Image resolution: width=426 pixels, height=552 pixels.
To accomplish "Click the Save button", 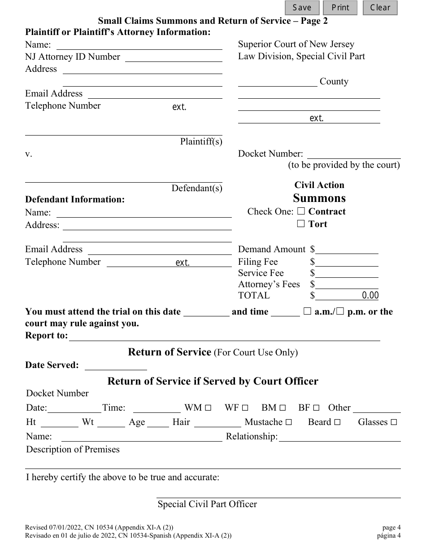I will coord(302,8).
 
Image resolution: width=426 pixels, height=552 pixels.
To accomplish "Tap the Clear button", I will coord(380,8).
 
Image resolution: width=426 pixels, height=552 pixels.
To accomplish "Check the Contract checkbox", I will coord(301,211).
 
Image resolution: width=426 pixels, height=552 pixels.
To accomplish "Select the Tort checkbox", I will coord(301,223).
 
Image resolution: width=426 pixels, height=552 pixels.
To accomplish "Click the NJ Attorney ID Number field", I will coord(174,57).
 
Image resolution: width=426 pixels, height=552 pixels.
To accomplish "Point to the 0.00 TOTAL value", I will coord(370,295).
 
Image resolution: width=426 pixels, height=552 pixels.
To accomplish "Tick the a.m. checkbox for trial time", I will coord(308,311).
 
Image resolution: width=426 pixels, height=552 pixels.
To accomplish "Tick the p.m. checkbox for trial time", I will coord(340,311).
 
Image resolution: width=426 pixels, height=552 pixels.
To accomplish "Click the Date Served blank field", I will coord(116,365).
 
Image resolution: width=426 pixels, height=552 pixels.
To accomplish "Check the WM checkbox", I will coord(208,408).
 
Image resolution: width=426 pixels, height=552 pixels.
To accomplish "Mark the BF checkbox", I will coord(316,408).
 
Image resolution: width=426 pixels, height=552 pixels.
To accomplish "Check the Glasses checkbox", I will coord(394,422).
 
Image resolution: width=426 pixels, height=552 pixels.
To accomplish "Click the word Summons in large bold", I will coord(319,198).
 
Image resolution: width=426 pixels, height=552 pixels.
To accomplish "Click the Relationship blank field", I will coord(339,437).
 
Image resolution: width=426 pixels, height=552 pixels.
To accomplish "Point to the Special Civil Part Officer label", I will coord(207,504).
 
